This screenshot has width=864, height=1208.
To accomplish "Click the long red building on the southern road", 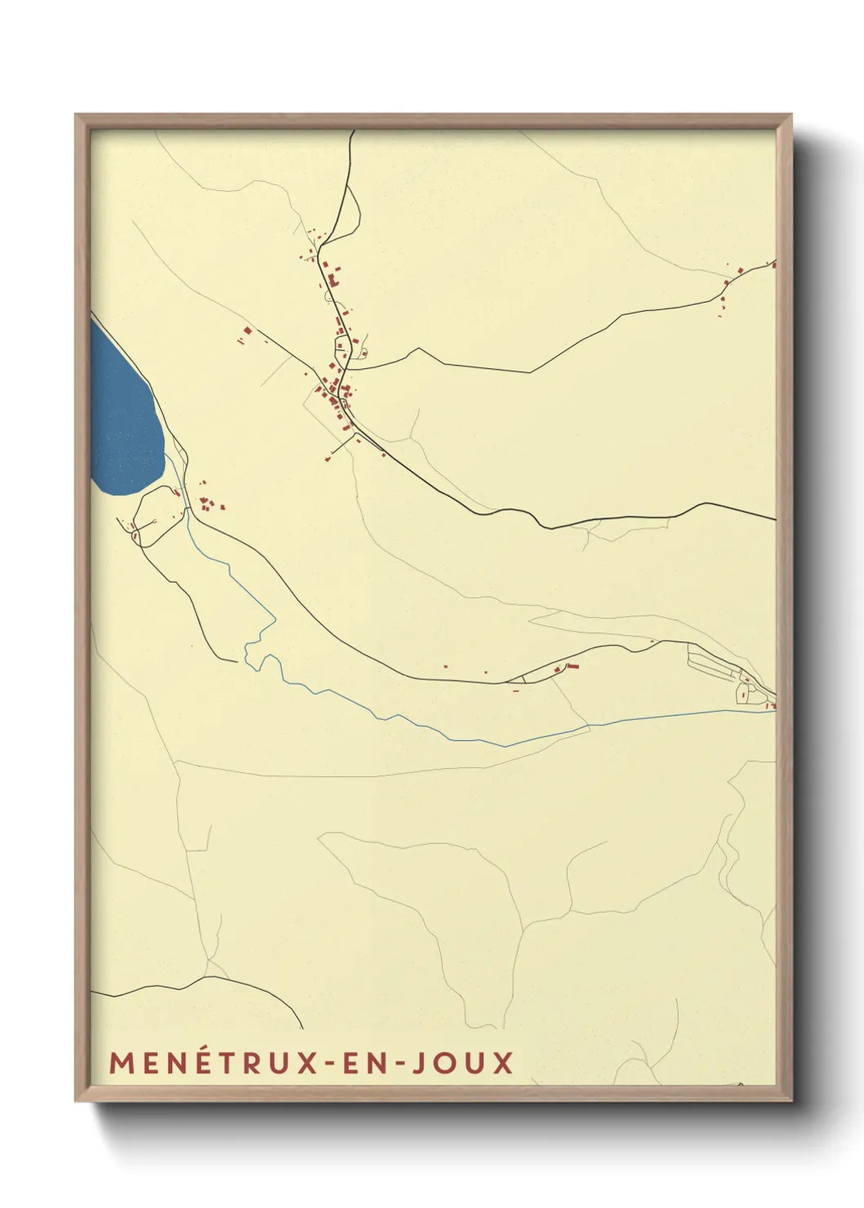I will (x=572, y=667).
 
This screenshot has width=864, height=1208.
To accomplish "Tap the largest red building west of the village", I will (x=247, y=331).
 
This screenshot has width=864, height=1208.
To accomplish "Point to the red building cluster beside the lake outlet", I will (x=207, y=504).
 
